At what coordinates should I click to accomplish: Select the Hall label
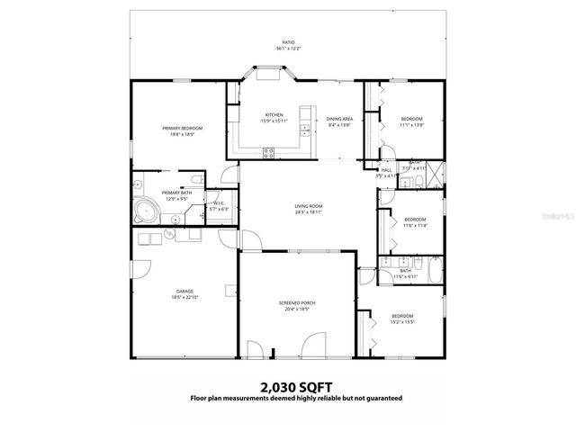click(386, 171)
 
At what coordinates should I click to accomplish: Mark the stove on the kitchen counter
click(268, 153)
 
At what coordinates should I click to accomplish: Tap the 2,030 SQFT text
click(287, 386)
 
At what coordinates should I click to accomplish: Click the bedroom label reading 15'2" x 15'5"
click(401, 319)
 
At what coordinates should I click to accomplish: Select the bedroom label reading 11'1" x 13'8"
click(410, 121)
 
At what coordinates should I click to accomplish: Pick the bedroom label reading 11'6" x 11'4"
click(414, 222)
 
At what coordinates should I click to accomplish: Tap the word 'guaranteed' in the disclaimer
click(381, 397)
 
